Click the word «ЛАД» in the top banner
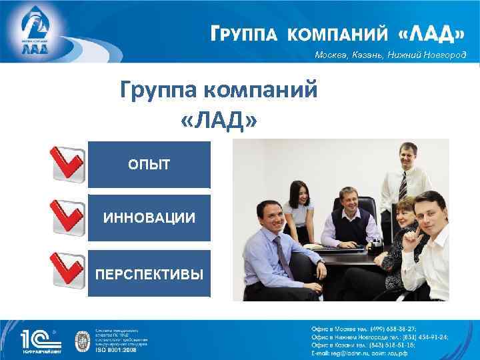(433, 33)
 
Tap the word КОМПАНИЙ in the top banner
(340, 33)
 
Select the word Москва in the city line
(331, 55)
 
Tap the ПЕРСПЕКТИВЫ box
(149, 273)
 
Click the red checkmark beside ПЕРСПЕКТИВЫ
(67, 272)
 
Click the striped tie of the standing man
(403, 187)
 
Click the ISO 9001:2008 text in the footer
(116, 348)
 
